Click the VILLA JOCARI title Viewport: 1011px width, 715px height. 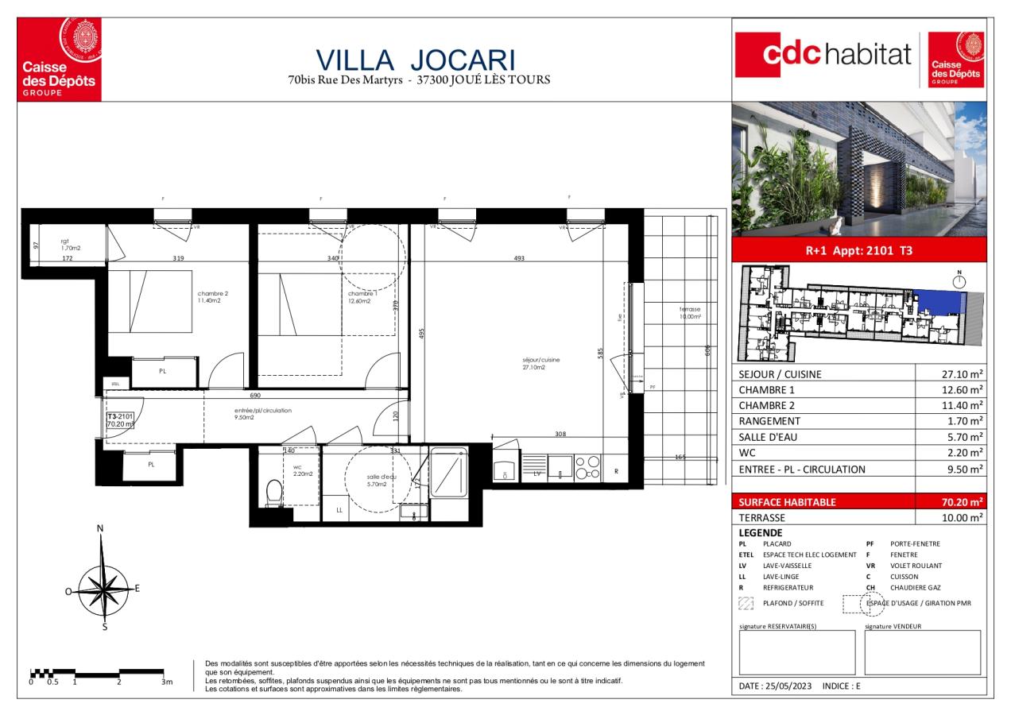416,60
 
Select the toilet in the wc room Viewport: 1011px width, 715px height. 274,493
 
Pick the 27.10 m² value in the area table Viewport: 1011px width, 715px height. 961,374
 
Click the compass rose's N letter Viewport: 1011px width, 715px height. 100,528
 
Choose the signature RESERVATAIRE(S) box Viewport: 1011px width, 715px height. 797,653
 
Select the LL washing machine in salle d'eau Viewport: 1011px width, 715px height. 339,509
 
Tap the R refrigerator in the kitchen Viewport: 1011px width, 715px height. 615,470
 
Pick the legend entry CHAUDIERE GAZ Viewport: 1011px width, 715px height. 914,587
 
